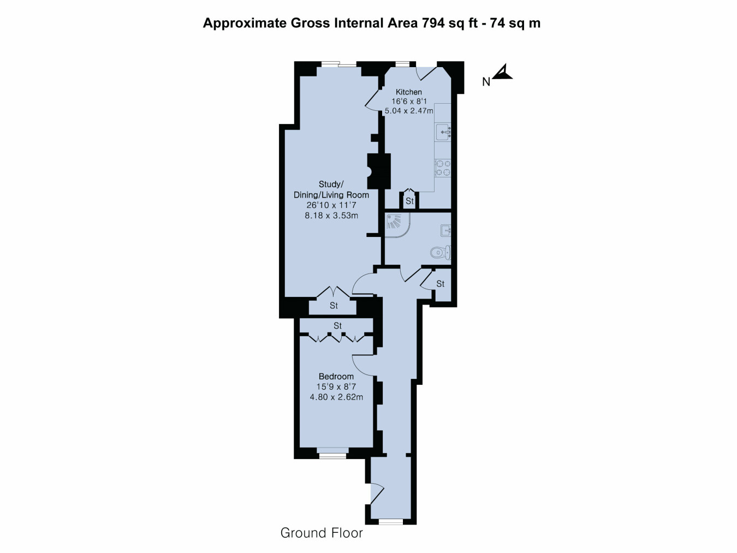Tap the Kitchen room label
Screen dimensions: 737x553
(x=408, y=92)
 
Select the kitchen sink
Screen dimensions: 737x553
(x=443, y=132)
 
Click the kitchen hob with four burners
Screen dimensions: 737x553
(x=443, y=168)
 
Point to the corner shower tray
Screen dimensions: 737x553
(x=397, y=225)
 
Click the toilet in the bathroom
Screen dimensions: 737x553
(x=441, y=253)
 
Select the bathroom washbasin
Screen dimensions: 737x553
(x=445, y=231)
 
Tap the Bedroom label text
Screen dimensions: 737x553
(x=336, y=376)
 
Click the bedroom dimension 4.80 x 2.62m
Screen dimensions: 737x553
(x=336, y=397)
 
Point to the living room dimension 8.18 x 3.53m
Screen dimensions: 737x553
(x=331, y=216)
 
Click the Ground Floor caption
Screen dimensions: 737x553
(x=322, y=533)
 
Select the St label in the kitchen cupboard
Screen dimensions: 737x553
(x=409, y=201)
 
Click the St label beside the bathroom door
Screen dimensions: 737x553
(x=440, y=284)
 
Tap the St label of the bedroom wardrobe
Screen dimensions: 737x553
(x=337, y=326)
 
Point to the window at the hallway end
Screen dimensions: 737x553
(x=391, y=522)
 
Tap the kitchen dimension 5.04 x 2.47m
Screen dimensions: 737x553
(x=409, y=111)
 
